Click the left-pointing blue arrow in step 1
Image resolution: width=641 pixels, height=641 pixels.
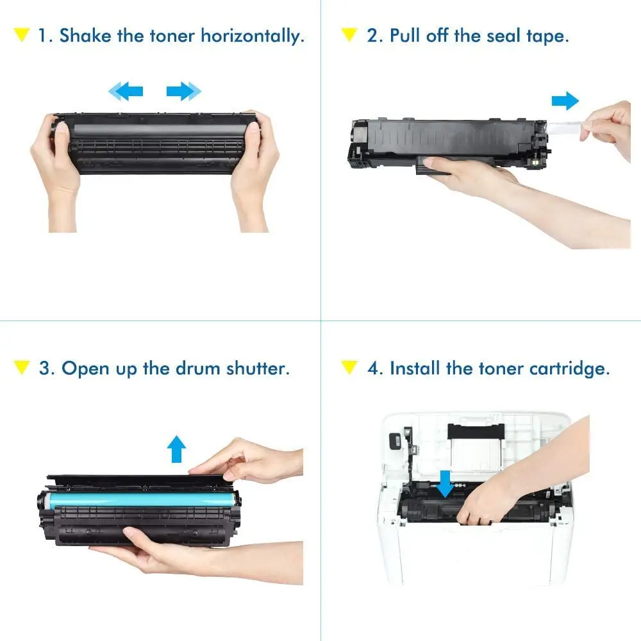pyautogui.click(x=126, y=92)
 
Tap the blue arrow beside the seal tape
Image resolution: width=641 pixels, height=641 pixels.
pyautogui.click(x=565, y=100)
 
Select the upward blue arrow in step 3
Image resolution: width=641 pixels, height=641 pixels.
pyautogui.click(x=177, y=450)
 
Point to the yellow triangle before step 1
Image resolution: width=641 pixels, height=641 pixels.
pyautogui.click(x=22, y=35)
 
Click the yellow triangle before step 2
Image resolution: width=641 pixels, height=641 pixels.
pyautogui.click(x=349, y=35)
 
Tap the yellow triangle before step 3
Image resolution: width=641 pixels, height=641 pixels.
pyautogui.click(x=22, y=368)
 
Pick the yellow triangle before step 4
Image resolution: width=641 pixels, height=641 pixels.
pyautogui.click(x=349, y=368)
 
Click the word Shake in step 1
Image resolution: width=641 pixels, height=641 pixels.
pyautogui.click(x=85, y=35)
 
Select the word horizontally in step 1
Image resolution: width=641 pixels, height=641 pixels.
pyautogui.click(x=252, y=35)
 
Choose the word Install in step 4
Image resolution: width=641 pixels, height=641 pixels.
pyautogui.click(x=415, y=368)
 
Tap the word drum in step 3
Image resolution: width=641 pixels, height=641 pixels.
pyautogui.click(x=195, y=369)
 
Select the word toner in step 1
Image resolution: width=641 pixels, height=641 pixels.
pyautogui.click(x=172, y=35)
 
